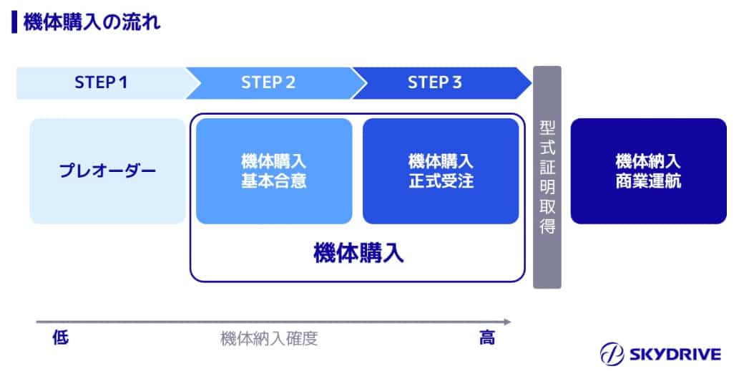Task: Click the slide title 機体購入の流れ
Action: coord(92,22)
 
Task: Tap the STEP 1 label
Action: coord(101,82)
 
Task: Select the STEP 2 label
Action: coord(268,82)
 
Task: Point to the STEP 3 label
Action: coord(435,82)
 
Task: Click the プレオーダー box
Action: coord(107,171)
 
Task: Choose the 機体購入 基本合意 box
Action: coord(274,171)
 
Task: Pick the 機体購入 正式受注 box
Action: coord(441,171)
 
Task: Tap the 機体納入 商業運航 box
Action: coord(648,171)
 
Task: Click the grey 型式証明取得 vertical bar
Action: coord(547,177)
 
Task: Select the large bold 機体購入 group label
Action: coord(358,253)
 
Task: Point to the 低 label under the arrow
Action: coord(61,338)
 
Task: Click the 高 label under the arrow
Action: coord(486,338)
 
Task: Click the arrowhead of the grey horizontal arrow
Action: coord(507,322)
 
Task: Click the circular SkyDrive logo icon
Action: coord(612,354)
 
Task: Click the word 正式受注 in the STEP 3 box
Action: coord(441,181)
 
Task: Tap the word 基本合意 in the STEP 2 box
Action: coord(274,181)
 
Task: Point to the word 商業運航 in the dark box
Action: coord(648,181)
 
